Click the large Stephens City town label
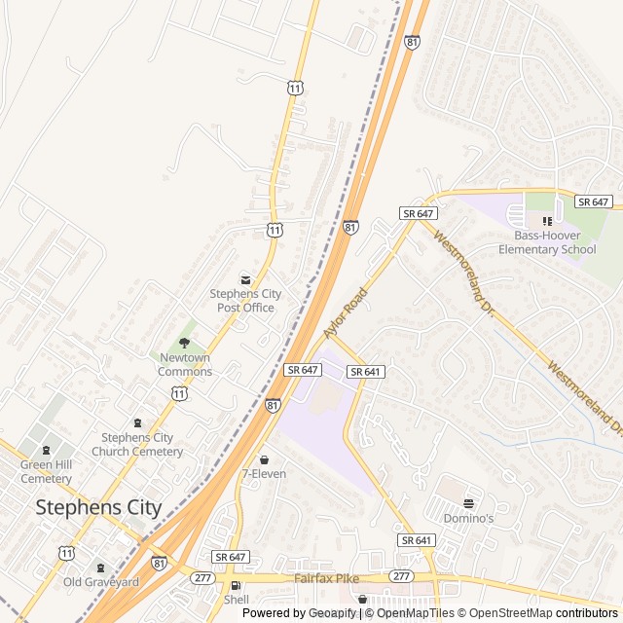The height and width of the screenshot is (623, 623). click(98, 507)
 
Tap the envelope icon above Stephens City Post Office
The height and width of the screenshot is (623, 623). click(245, 279)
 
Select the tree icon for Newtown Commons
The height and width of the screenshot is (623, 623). click(184, 343)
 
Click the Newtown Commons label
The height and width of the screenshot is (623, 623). click(185, 364)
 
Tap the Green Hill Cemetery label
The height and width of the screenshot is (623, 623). click(46, 471)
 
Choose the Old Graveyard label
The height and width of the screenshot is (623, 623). click(101, 582)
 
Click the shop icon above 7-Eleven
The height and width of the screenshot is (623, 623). click(263, 459)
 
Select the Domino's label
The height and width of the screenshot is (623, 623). click(469, 518)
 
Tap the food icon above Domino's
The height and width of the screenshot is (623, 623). click(469, 503)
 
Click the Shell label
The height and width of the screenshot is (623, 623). click(237, 600)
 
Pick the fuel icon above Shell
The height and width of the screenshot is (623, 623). click(236, 586)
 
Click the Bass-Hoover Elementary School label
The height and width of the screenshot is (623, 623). click(547, 242)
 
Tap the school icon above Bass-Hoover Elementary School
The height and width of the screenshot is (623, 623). click(547, 222)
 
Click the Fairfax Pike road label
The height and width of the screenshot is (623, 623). click(327, 578)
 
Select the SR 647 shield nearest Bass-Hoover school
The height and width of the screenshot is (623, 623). click(592, 202)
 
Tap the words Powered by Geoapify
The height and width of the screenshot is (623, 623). click(299, 613)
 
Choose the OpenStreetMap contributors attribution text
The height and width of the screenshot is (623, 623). click(540, 613)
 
